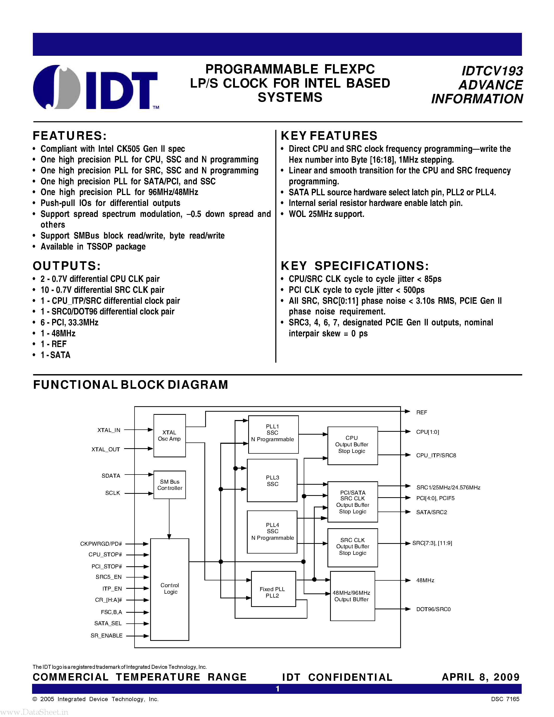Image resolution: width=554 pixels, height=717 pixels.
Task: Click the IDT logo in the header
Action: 95,87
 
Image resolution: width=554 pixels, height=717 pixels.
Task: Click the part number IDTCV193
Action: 492,71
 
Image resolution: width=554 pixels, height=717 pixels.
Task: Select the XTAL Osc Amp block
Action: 169,436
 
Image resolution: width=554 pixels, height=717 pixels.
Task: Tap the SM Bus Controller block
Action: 170,485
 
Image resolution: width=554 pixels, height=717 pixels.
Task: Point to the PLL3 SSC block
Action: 272,481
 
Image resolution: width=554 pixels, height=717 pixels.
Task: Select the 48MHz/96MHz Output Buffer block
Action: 352,596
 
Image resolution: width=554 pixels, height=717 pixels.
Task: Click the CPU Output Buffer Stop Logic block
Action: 352,445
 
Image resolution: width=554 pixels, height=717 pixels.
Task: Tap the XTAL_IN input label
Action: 109,430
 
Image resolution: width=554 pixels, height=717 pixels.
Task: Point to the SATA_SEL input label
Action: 108,623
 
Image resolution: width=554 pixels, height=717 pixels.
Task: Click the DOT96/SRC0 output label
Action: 433,609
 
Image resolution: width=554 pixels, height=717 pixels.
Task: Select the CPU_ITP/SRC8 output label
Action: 436,455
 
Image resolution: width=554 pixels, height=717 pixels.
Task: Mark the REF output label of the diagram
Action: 421,412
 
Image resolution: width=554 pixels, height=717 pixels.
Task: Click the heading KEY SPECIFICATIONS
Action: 355,266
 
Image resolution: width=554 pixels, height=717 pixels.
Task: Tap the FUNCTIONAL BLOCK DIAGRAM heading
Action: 131,384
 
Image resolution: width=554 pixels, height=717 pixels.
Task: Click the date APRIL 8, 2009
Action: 480,677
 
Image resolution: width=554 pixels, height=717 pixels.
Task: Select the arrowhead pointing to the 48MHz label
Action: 408,580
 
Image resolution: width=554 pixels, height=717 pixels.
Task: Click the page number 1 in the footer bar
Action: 278,689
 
